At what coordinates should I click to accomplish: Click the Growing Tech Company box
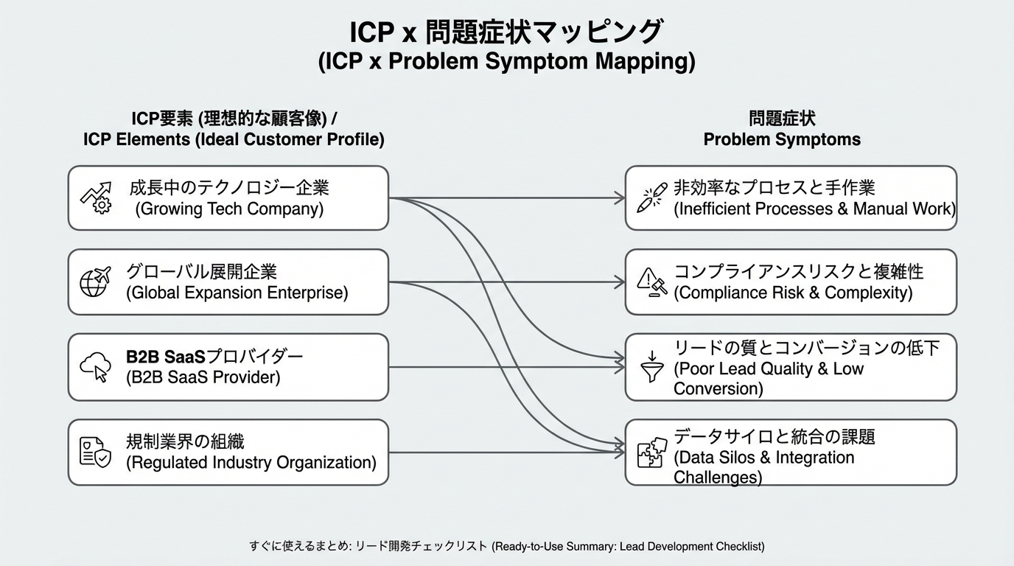click(x=228, y=198)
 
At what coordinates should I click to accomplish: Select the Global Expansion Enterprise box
click(x=228, y=282)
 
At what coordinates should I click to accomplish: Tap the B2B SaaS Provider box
click(x=228, y=367)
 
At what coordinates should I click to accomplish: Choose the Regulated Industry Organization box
click(x=228, y=452)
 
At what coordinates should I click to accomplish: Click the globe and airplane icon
click(x=94, y=282)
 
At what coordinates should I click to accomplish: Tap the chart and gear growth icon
click(x=95, y=198)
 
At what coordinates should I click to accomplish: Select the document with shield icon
click(x=95, y=452)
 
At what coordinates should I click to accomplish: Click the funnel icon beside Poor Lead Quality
click(x=651, y=367)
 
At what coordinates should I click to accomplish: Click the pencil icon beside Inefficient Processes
click(x=651, y=198)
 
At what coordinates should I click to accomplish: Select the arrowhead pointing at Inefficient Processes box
click(x=620, y=198)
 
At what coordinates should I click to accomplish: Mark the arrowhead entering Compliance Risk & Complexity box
click(x=620, y=282)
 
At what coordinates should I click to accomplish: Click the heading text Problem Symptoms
click(x=781, y=139)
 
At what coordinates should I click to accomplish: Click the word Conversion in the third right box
click(x=718, y=388)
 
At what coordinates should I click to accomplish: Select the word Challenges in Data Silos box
click(x=717, y=477)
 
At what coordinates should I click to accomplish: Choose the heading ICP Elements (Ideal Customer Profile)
click(x=234, y=139)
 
